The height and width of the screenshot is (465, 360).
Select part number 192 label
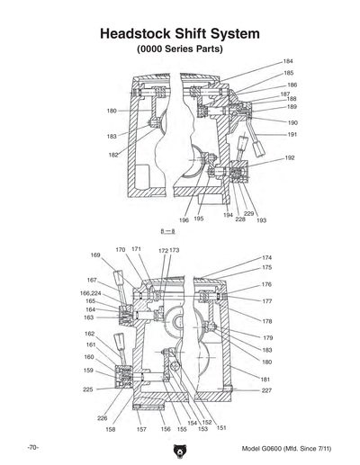[x=291, y=157]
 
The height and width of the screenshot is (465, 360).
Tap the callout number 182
[x=113, y=155]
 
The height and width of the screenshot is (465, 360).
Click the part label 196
[x=183, y=219]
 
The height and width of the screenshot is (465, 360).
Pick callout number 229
[x=249, y=213]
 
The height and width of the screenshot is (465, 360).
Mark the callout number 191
[x=292, y=134]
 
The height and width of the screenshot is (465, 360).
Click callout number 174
[x=266, y=257]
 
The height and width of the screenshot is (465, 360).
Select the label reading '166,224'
[x=90, y=292]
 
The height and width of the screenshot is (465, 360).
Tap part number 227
[x=266, y=390]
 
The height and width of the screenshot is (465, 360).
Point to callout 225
[x=88, y=389]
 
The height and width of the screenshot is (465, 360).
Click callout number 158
[x=110, y=430]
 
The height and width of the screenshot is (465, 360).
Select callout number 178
[x=266, y=321]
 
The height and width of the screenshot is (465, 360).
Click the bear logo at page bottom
[x=180, y=444]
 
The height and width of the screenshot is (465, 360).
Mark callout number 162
[x=90, y=334]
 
